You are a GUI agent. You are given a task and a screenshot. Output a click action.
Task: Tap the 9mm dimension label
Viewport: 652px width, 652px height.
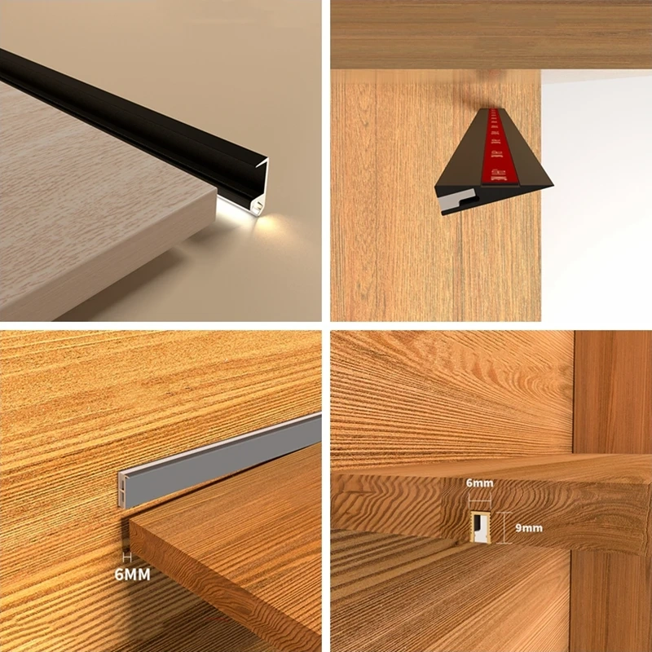click(x=528, y=528)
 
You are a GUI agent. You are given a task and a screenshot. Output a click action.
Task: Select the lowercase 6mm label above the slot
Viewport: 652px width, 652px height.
click(x=479, y=482)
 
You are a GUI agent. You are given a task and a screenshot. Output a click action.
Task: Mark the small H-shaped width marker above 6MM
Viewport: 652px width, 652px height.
click(x=126, y=557)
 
